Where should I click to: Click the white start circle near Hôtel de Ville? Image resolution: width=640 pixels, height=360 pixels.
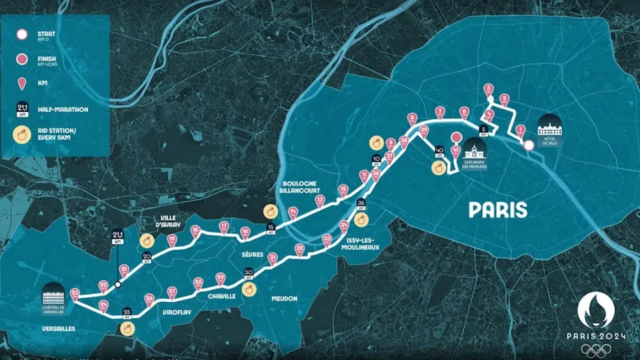(x=528, y=145)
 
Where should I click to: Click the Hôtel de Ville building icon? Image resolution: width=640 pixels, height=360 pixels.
(x=550, y=125)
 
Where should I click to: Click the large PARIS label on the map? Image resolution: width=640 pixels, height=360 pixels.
(x=498, y=210)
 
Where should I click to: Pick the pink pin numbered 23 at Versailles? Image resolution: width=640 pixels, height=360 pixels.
(x=75, y=294)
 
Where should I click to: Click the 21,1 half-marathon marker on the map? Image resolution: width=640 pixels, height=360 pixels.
(x=117, y=236)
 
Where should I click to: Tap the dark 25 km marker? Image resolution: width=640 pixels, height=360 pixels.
(x=127, y=312)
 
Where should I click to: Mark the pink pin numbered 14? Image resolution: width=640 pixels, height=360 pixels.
(x=293, y=213)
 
